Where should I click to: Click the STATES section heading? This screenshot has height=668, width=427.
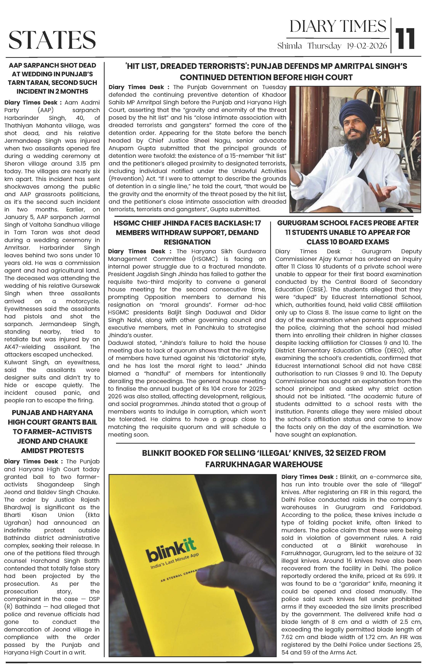[x=52, y=40]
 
